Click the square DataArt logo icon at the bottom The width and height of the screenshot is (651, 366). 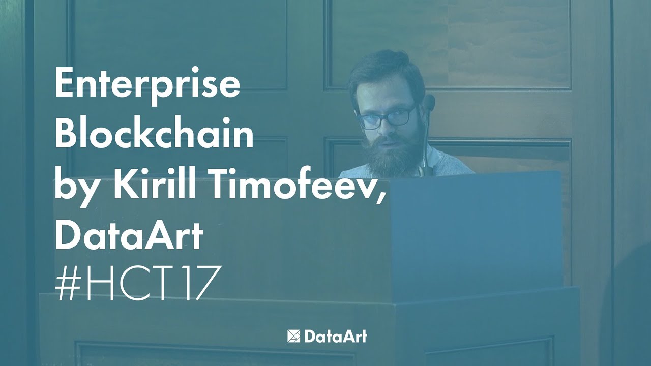point(294,336)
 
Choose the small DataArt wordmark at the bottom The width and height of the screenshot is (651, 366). point(336,336)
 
